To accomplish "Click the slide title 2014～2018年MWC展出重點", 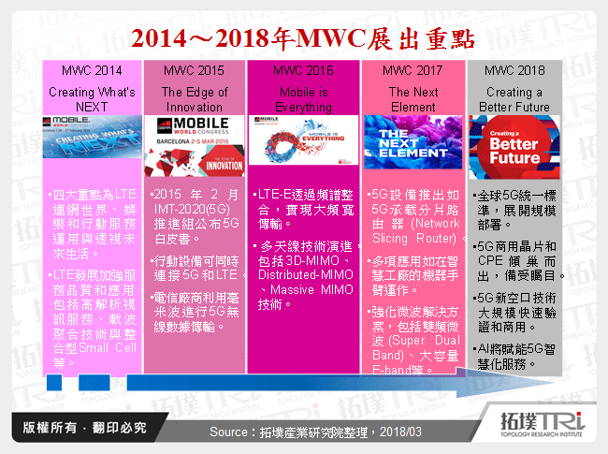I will (303, 39).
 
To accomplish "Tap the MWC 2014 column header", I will (92, 70).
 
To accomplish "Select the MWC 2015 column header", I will (195, 70).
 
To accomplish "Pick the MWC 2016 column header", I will (304, 70).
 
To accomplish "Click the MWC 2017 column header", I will (413, 70).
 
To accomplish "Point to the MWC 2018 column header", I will (514, 70).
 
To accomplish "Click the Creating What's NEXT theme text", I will (92, 99).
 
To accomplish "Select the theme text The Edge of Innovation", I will (195, 99).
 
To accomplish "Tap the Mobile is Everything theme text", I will (304, 99).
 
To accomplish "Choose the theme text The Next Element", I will (413, 99).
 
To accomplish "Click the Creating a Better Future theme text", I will (514, 99).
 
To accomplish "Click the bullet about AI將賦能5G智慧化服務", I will (519, 357).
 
